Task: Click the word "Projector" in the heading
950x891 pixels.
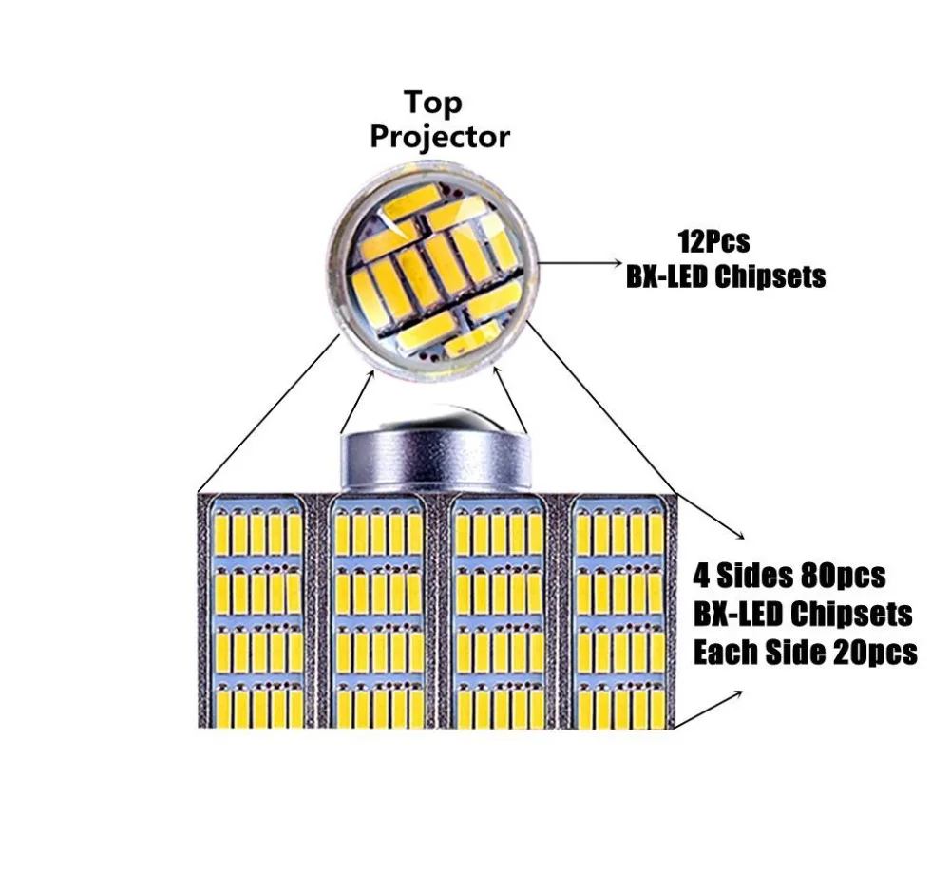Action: (439, 136)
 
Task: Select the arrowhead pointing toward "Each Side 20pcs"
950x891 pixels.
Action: (739, 693)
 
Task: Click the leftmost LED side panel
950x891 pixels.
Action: (257, 614)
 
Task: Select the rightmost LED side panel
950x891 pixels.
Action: (618, 614)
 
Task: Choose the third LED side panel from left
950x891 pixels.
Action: (499, 614)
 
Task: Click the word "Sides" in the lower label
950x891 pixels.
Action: (751, 575)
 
